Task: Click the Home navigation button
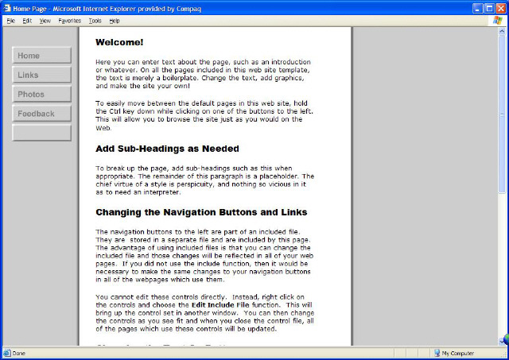coord(42,56)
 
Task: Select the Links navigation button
coord(42,75)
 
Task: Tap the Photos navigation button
coord(42,95)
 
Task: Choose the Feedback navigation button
coord(42,114)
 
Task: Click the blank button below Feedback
coord(42,133)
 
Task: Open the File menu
coord(10,21)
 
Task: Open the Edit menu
coord(27,21)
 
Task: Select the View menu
coord(45,21)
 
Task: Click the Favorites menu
coord(70,21)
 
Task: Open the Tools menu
coord(95,21)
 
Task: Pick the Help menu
coord(115,21)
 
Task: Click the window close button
coord(500,7)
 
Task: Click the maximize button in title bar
coord(488,7)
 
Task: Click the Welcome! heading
coord(119,42)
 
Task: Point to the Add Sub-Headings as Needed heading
coord(167,149)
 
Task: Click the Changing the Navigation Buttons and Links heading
coord(201,212)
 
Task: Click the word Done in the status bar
coord(19,354)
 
